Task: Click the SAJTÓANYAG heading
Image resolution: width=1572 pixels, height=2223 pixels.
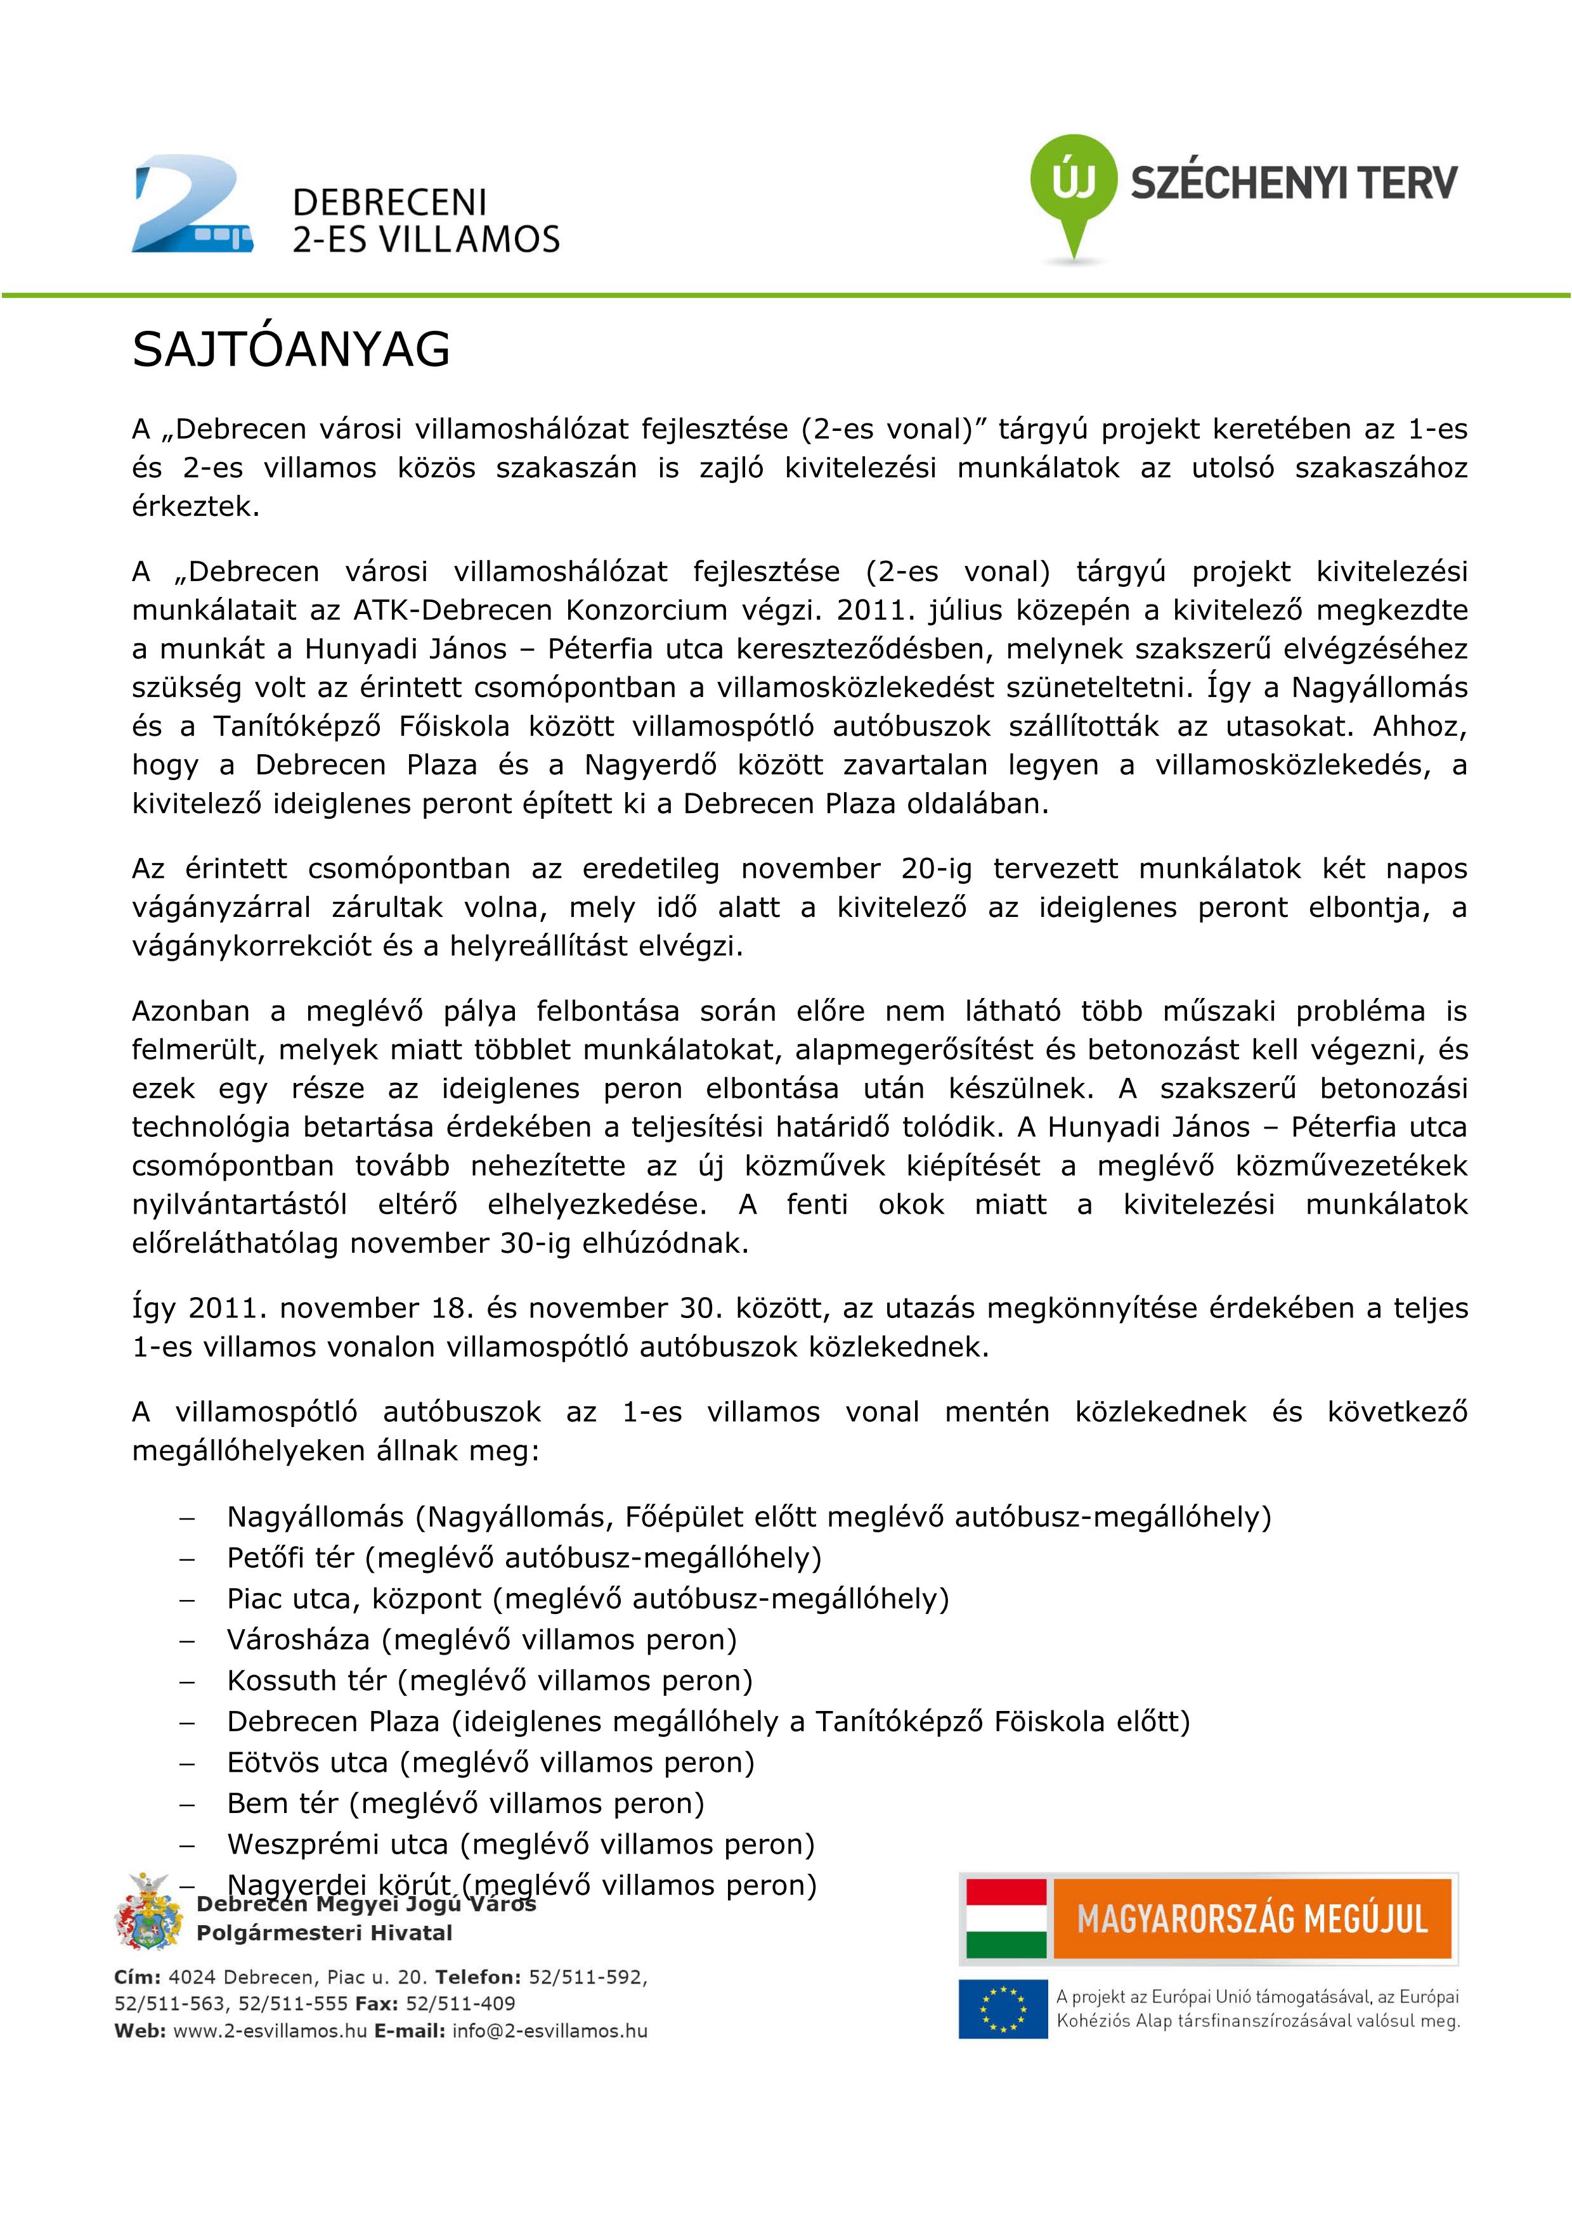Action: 290,350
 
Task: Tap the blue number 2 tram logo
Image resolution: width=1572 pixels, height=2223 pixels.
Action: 192,205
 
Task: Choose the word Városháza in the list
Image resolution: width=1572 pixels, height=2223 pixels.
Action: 298,1639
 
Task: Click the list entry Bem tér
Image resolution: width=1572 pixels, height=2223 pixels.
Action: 282,1803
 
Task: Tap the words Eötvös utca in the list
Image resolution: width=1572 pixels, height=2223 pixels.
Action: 307,1762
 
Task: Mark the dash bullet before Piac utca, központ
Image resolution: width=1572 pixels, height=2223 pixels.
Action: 187,1599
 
